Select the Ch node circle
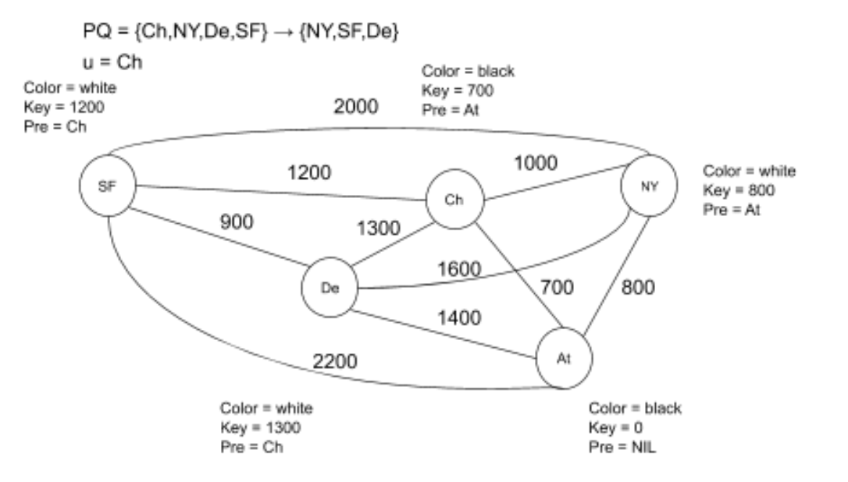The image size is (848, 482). (x=454, y=200)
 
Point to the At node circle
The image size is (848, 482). (x=564, y=359)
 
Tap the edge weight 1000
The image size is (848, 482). (x=535, y=163)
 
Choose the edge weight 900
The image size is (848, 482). (x=236, y=222)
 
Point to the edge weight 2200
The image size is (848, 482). (x=335, y=360)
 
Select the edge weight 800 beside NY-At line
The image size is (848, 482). (x=638, y=288)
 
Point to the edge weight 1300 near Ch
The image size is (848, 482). (x=378, y=229)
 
